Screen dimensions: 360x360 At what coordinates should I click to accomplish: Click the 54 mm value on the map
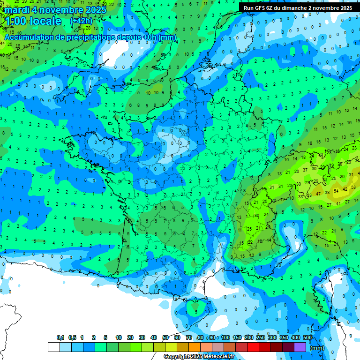(x=336, y=191)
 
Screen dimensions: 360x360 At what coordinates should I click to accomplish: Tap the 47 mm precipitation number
(x=318, y=194)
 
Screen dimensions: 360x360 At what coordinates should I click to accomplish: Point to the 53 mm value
(x=309, y=195)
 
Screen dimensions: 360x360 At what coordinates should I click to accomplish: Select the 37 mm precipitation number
(x=306, y=170)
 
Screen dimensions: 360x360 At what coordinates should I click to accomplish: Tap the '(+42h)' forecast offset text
(x=81, y=21)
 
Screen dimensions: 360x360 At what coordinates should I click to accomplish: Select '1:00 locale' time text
(x=33, y=21)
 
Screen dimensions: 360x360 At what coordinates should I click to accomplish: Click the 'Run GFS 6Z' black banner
(x=298, y=8)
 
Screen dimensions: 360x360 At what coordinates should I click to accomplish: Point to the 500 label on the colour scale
(x=307, y=338)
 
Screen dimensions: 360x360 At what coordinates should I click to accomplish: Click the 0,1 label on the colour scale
(x=60, y=338)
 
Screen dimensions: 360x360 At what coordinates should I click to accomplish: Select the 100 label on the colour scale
(x=225, y=338)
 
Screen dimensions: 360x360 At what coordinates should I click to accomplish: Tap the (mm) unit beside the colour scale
(x=317, y=348)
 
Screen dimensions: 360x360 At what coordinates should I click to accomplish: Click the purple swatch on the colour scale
(x=300, y=347)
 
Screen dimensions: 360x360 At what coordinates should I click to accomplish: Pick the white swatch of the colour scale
(x=53, y=347)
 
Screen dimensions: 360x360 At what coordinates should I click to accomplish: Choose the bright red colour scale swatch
(x=253, y=347)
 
